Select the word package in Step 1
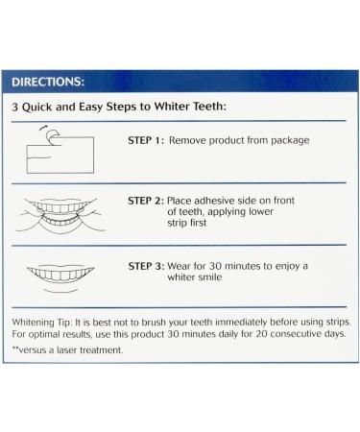click(282, 140)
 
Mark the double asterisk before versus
click(16, 349)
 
